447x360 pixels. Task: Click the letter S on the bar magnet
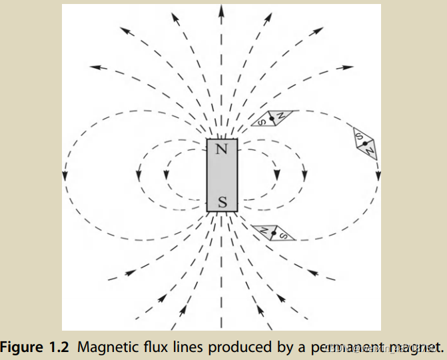tap(222, 201)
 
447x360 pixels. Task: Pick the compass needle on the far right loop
tap(365, 143)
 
